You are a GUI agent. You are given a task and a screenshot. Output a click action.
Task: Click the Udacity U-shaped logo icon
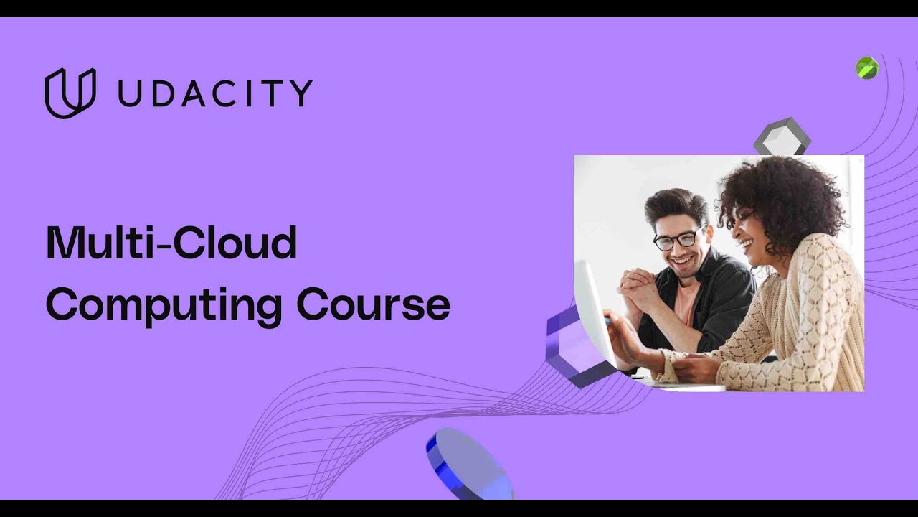click(x=70, y=93)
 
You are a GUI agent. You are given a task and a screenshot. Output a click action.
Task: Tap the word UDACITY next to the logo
click(x=215, y=93)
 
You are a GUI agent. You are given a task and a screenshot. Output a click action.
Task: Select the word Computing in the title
click(x=164, y=304)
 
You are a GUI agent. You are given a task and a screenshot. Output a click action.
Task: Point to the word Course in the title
click(x=373, y=304)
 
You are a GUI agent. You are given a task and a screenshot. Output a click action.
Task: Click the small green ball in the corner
click(x=867, y=68)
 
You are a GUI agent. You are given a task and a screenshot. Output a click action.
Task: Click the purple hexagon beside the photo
click(x=570, y=345)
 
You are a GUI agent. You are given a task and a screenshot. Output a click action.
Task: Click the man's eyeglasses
click(x=677, y=239)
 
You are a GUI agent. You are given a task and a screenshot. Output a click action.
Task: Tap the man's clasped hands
click(x=638, y=287)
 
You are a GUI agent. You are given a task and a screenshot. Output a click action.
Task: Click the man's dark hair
click(x=674, y=205)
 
